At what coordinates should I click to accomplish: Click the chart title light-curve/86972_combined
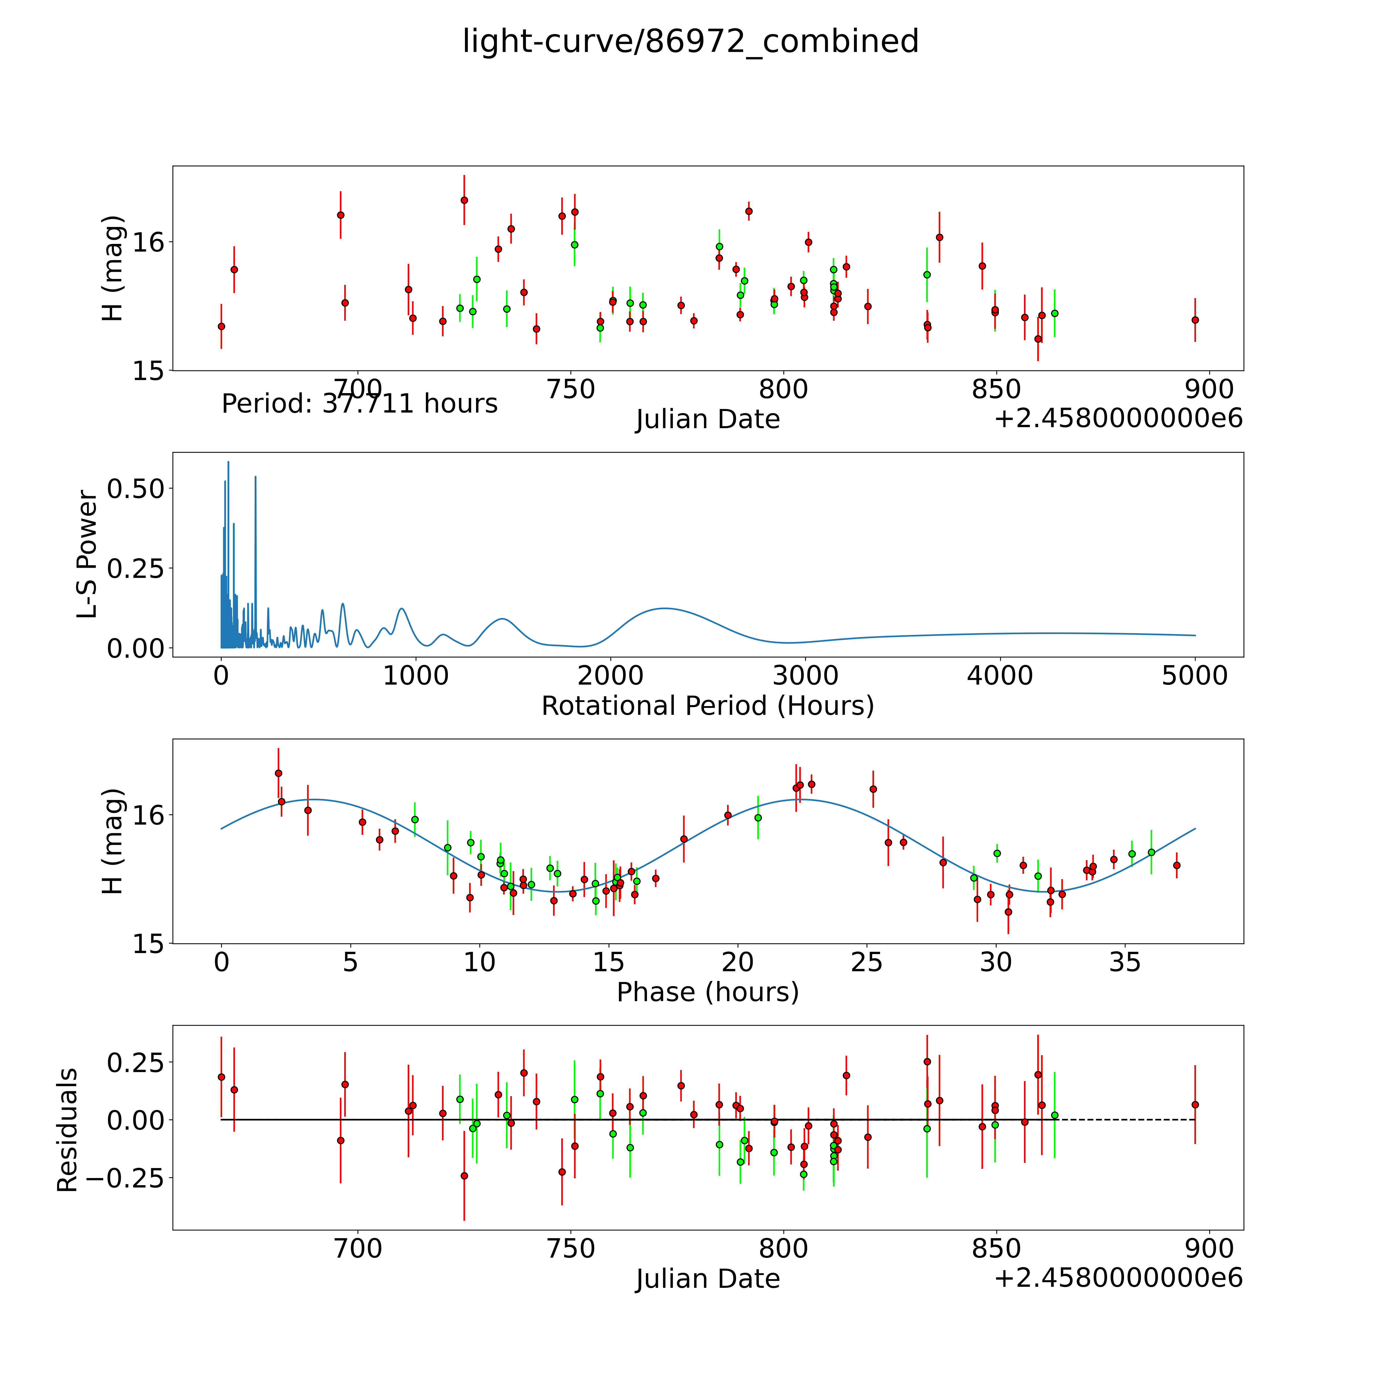pos(690,41)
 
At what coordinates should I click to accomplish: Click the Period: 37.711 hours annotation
pos(359,404)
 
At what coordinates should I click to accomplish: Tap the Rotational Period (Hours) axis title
pos(707,706)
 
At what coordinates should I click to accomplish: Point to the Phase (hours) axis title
pos(707,992)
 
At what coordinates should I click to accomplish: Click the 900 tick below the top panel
pos(1209,390)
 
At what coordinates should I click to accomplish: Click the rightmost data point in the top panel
pos(1195,320)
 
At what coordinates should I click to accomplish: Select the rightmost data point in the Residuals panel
pos(1195,1105)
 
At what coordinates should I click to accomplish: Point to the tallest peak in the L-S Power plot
pos(228,462)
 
